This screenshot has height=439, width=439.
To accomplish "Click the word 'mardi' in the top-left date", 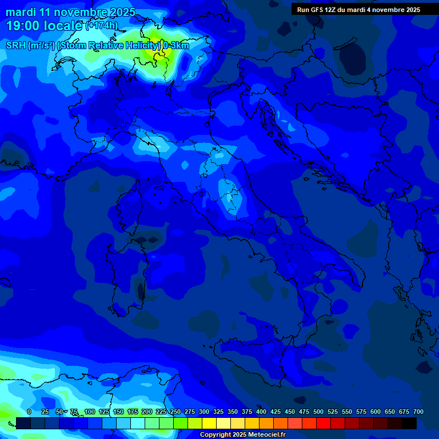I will point(21,12).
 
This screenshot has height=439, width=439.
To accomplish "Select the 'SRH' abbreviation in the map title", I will point(16,46).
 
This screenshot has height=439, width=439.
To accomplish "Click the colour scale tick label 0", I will point(29,412).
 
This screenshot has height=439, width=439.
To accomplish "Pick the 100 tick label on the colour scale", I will point(90,412).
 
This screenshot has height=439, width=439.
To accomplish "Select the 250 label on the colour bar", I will point(175,412).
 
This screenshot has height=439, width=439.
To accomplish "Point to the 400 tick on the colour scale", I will point(261,412).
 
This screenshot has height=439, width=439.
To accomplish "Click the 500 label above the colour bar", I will point(318,412).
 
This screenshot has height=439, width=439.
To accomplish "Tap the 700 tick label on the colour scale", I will point(418,412).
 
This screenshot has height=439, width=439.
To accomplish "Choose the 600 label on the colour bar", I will point(376,412).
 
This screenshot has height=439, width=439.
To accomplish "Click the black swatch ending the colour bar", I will point(409,424).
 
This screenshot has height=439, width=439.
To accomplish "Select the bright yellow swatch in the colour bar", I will point(209,424).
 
